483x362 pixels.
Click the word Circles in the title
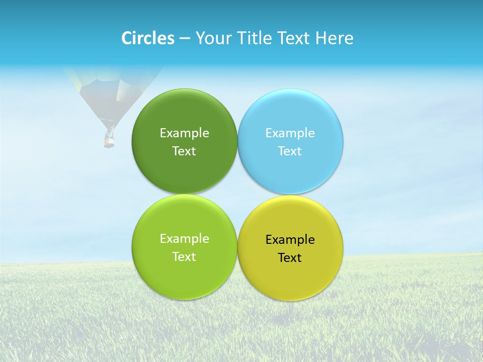tap(148, 38)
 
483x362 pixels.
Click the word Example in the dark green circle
tap(184, 133)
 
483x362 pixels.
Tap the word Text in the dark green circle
tap(184, 151)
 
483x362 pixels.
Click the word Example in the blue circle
tap(290, 133)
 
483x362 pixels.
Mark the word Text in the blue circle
tap(290, 151)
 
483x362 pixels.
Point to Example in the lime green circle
tap(184, 239)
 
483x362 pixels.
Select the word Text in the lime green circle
tap(184, 257)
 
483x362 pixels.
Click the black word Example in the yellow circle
tap(290, 240)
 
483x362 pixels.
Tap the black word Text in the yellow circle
tap(290, 258)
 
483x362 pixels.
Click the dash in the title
tap(185, 39)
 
